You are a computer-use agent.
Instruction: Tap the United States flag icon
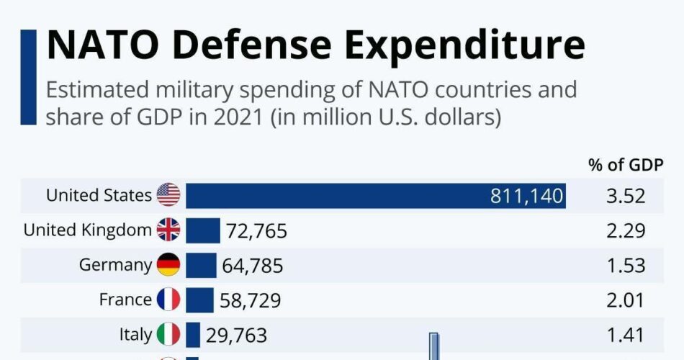(x=168, y=195)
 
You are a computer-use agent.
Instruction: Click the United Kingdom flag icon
(x=168, y=230)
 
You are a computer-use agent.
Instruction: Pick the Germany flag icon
(x=168, y=265)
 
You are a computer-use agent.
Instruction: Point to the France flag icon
(x=168, y=300)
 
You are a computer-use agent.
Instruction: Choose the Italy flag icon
(x=168, y=334)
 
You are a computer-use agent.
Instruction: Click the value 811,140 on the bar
(x=526, y=196)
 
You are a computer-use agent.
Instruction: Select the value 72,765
(x=256, y=231)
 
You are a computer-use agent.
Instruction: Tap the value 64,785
(x=252, y=266)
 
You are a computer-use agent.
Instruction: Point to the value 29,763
(x=236, y=335)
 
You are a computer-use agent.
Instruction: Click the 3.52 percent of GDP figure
(x=625, y=196)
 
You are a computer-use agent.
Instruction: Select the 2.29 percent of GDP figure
(x=625, y=231)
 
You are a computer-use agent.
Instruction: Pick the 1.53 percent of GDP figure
(x=625, y=266)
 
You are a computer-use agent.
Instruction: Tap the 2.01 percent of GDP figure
(x=625, y=300)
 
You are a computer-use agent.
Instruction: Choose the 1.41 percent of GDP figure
(x=625, y=335)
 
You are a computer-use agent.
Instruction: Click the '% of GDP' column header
(x=626, y=164)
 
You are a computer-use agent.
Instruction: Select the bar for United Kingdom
(x=203, y=230)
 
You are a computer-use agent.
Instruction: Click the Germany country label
(x=115, y=265)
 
